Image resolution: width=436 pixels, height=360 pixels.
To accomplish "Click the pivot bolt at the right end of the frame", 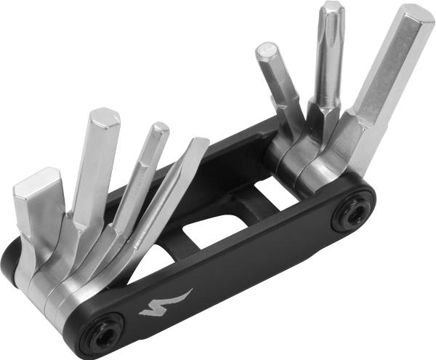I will click(355, 215).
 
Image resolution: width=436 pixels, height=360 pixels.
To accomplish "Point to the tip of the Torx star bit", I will click(332, 9).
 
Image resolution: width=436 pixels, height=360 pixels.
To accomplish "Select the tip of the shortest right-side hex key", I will click(267, 51).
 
